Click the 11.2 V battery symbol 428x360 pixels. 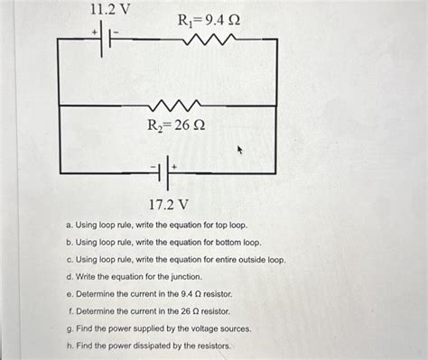pos(106,40)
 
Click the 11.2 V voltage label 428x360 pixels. pos(110,10)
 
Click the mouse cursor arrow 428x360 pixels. pos(241,152)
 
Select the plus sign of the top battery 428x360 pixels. pos(93,31)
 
